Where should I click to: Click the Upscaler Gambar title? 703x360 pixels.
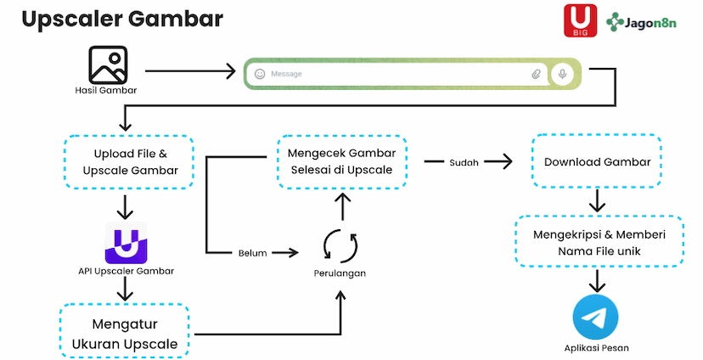click(122, 19)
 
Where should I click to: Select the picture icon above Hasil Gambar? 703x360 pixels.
click(108, 65)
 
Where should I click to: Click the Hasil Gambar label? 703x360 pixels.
click(105, 90)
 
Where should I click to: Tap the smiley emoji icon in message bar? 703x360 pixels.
click(260, 75)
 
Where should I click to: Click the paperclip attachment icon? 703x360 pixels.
click(536, 75)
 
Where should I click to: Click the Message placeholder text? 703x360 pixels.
click(286, 75)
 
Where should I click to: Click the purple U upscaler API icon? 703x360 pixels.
click(126, 243)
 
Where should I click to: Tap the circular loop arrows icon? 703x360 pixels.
click(341, 246)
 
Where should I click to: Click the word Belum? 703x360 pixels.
click(253, 252)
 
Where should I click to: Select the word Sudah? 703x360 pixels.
click(463, 161)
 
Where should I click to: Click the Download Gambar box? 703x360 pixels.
click(597, 161)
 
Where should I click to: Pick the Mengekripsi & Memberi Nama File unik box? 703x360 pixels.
click(599, 242)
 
